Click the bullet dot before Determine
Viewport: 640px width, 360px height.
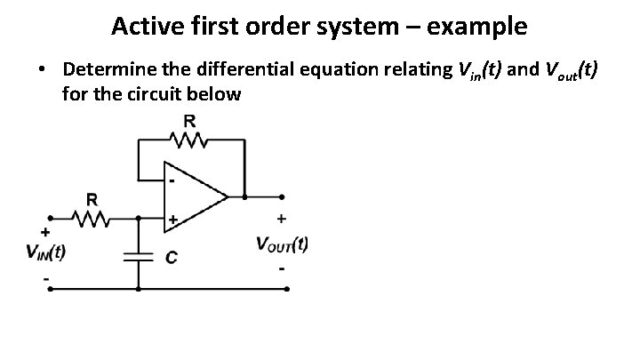coord(42,69)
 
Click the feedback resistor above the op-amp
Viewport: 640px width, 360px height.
coord(190,140)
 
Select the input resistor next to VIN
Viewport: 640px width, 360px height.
coord(92,216)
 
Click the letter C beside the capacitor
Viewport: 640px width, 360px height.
coord(171,258)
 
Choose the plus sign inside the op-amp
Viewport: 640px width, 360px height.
coord(173,217)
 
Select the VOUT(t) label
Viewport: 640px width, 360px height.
coord(282,244)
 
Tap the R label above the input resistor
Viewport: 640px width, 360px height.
coord(92,197)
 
